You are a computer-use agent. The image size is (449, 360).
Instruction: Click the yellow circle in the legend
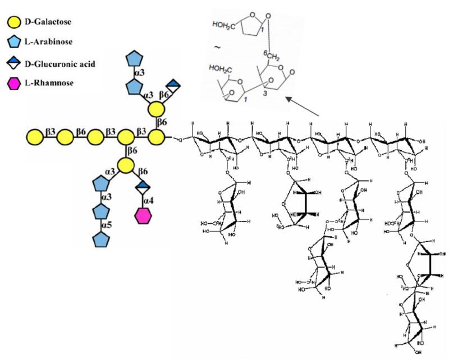point(13,23)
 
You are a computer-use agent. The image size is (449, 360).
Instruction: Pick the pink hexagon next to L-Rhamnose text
point(13,85)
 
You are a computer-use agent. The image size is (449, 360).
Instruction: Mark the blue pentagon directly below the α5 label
point(101,238)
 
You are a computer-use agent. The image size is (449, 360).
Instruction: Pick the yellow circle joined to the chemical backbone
point(157,136)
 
